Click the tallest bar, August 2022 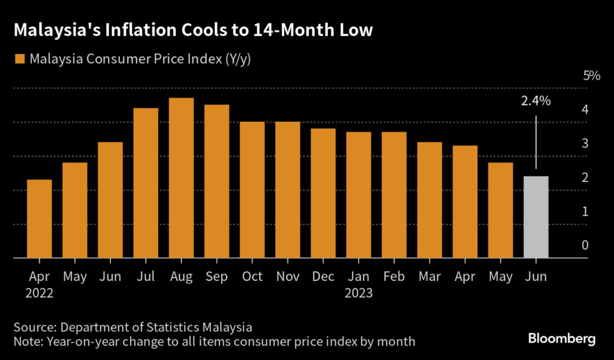181,178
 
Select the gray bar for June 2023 536,217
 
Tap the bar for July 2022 146,183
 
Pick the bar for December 323,193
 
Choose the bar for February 394,195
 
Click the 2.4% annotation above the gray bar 535,101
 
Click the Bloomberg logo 562,339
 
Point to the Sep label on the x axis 216,277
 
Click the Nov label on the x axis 288,277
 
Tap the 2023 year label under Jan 359,293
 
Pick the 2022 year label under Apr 40,293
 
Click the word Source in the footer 32,328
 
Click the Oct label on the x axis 252,277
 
